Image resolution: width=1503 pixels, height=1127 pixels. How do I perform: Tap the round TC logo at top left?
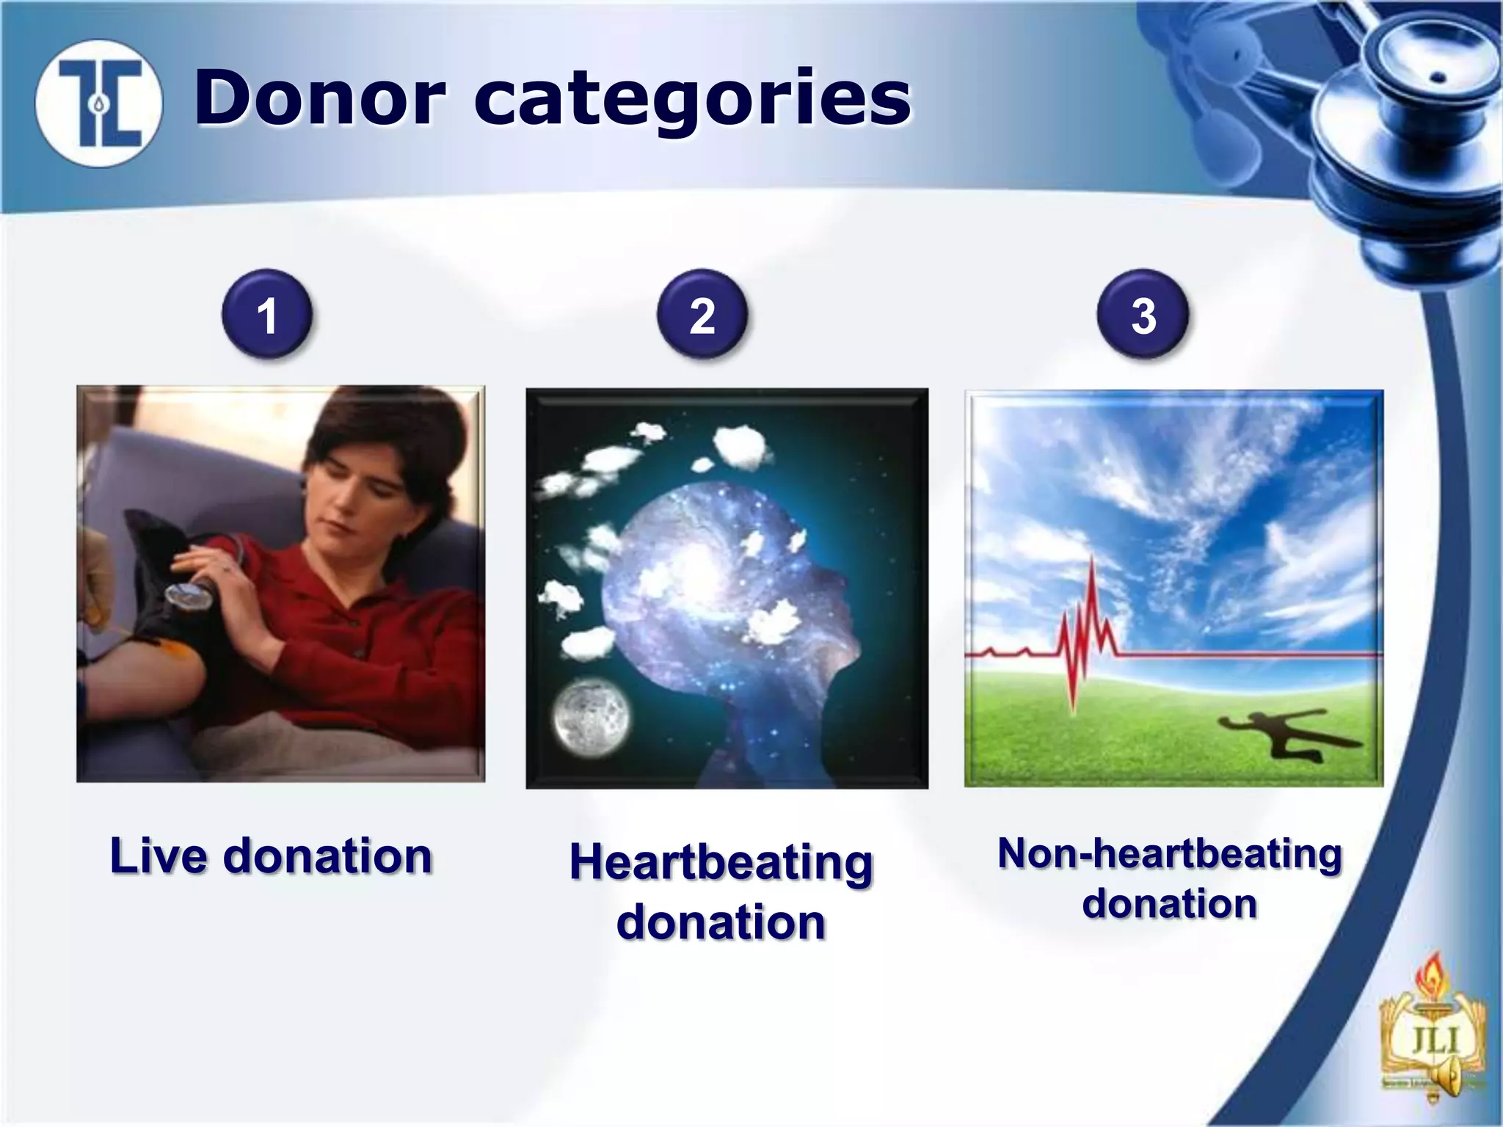98,103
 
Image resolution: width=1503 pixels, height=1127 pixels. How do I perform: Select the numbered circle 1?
267,315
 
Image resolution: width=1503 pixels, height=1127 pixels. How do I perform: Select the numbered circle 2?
702,315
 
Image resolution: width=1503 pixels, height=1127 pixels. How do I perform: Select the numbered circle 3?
1143,315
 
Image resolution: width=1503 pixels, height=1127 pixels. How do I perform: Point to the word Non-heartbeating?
1170,854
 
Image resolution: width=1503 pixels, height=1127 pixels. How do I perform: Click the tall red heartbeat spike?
1092,609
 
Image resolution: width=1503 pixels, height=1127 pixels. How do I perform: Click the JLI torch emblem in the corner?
1433,1035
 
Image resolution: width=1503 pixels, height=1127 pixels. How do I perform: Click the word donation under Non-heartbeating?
1170,903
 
